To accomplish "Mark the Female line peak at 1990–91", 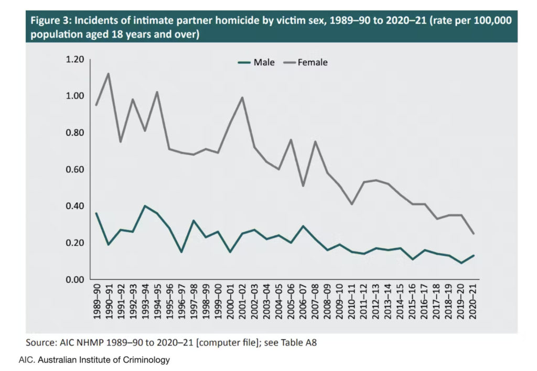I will [x=108, y=73].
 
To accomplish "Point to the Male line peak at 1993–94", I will [x=145, y=206].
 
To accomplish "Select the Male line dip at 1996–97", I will [x=181, y=252].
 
